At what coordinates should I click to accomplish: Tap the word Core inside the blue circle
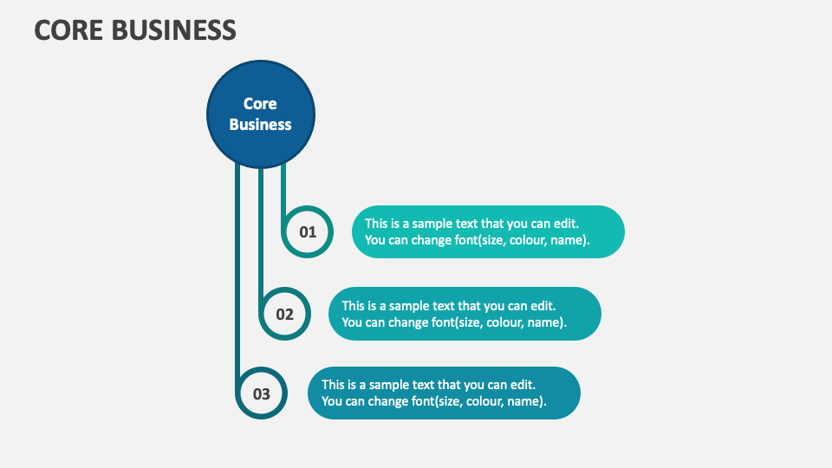260,104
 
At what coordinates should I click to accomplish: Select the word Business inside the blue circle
260,124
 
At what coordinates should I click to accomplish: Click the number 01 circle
308,232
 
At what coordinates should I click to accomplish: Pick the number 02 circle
285,314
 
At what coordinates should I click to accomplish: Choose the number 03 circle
262,393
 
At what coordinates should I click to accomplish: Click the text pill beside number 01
488,231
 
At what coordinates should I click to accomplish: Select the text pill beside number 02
465,314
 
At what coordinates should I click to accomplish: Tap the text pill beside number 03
444,393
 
